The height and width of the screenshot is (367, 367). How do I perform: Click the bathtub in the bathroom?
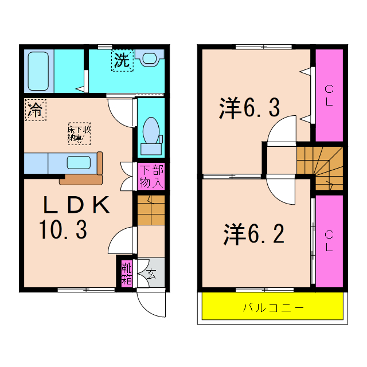[38, 71]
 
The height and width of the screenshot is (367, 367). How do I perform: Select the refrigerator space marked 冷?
[35, 110]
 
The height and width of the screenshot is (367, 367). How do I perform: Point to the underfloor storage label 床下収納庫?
[79, 133]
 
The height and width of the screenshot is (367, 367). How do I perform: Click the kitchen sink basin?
[78, 162]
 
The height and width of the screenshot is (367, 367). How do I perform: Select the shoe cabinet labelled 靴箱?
[126, 273]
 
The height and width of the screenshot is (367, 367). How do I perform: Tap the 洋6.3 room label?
[249, 108]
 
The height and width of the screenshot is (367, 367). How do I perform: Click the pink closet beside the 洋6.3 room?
[329, 95]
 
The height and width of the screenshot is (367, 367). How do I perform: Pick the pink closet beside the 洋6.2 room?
[329, 241]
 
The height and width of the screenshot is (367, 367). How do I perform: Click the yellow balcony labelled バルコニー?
[273, 307]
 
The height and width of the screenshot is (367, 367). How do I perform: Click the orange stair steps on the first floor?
[151, 210]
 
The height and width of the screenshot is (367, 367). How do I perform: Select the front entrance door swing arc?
[151, 304]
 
